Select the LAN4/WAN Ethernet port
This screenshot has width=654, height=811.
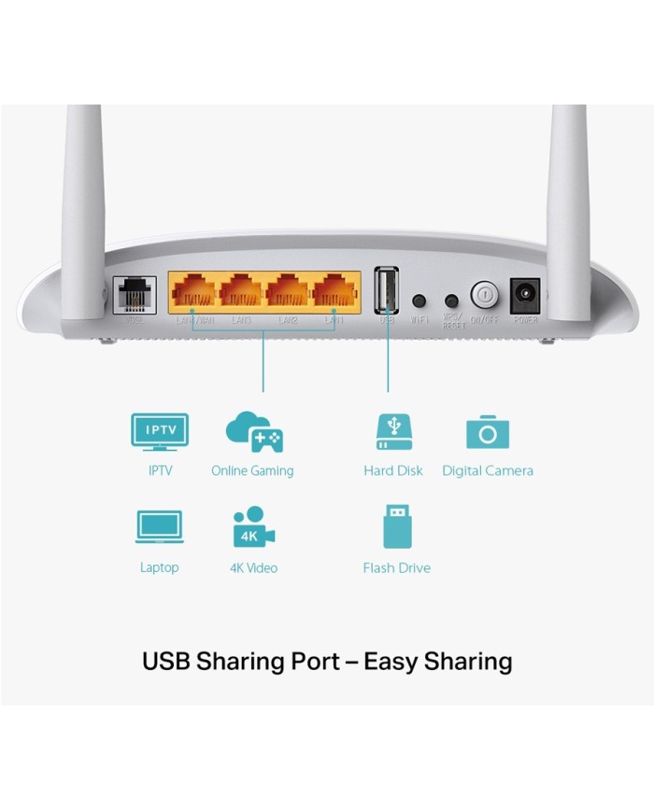195,291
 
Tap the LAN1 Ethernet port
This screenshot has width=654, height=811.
335,291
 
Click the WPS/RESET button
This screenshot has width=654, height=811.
452,301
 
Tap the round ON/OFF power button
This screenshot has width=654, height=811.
484,295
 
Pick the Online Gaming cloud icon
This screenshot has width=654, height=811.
253,432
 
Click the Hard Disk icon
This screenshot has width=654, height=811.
392,432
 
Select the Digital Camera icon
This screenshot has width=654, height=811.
488,433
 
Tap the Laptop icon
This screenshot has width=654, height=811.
159,527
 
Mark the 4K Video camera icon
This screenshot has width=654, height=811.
253,527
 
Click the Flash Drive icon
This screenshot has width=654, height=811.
396,526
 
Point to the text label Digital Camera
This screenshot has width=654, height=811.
488,470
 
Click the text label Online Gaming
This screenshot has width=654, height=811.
252,470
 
